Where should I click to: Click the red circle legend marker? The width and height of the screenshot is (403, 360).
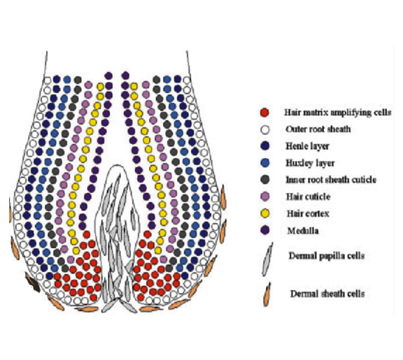click(264, 113)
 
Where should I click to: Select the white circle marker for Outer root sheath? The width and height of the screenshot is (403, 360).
click(264, 129)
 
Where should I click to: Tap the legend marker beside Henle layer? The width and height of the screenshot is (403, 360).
click(264, 146)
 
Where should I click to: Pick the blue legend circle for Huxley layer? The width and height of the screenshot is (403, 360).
click(264, 163)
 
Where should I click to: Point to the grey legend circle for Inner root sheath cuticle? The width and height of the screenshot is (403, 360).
click(264, 180)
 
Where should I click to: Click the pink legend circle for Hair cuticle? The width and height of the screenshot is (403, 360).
click(264, 196)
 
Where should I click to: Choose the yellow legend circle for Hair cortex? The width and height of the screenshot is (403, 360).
click(265, 213)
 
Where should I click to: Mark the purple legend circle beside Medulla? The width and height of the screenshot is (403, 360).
click(265, 230)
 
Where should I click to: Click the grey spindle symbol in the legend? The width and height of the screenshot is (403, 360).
click(267, 259)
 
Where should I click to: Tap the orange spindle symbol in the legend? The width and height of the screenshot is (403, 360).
click(267, 294)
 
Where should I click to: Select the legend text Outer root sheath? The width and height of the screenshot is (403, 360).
click(318, 129)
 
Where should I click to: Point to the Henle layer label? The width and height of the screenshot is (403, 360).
click(307, 146)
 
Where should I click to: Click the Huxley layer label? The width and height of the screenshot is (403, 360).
click(310, 163)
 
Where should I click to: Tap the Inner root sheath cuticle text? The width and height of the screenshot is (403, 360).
click(331, 180)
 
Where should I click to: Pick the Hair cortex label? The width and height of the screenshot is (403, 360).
click(308, 213)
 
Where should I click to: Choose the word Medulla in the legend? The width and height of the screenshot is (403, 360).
click(303, 231)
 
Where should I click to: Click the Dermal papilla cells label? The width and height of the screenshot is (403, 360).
click(327, 256)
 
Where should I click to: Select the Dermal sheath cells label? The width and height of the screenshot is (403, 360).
click(327, 294)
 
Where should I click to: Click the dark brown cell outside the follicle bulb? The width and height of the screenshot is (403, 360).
click(33, 282)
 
